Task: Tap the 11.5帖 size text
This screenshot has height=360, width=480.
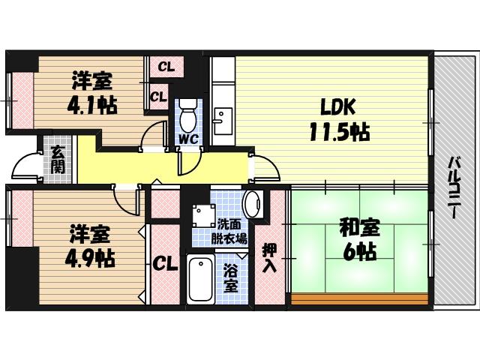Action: click(x=337, y=133)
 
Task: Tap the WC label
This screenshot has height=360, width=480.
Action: click(x=188, y=139)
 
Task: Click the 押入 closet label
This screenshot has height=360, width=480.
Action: click(x=269, y=258)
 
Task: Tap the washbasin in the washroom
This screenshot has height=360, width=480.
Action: click(x=252, y=202)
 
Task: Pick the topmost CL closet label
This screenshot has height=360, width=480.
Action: click(x=166, y=67)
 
